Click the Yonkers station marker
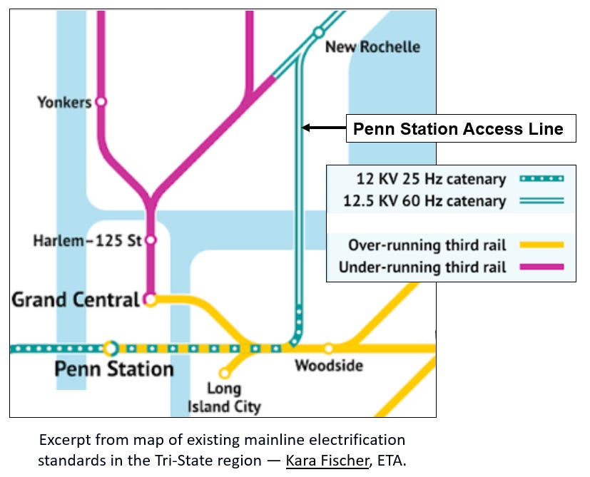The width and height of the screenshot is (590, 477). click(x=101, y=102)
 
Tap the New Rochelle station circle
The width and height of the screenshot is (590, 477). click(x=318, y=32)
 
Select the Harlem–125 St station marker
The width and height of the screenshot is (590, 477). click(x=151, y=240)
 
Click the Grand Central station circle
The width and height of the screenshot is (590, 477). click(x=150, y=300)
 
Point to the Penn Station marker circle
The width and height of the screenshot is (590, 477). click(x=111, y=349)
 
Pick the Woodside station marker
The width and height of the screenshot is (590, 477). click(x=328, y=349)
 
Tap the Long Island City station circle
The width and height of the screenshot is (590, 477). click(x=224, y=373)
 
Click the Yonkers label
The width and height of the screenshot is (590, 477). click(x=64, y=103)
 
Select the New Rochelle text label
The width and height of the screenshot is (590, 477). click(x=372, y=47)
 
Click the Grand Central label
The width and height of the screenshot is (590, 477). click(x=75, y=299)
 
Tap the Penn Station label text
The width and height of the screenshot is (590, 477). click(x=114, y=369)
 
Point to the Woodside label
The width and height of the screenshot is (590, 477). click(x=329, y=366)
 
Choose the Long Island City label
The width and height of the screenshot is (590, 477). click(x=224, y=398)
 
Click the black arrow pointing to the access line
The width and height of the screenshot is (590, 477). click(x=323, y=128)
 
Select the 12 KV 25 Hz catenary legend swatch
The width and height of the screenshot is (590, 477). click(x=539, y=179)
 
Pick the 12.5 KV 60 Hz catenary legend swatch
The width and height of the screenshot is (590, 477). click(x=539, y=201)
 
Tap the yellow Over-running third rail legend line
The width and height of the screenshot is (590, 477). click(x=539, y=245)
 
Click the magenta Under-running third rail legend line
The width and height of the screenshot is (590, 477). click(x=539, y=267)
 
